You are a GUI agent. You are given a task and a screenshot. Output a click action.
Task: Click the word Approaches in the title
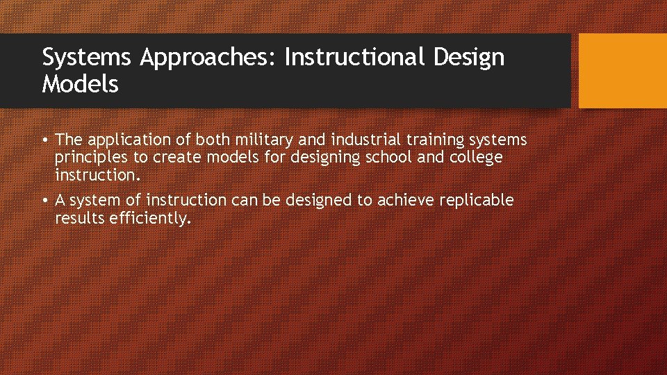coord(208,57)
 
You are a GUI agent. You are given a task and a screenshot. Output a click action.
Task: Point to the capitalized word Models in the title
coord(80,85)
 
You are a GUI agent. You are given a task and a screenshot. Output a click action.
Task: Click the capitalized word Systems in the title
coord(86,58)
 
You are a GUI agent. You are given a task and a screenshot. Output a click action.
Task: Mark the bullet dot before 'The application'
coord(45,141)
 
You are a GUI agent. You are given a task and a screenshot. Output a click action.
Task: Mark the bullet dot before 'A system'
coord(45,201)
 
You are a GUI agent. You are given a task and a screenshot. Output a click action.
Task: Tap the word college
coord(476,158)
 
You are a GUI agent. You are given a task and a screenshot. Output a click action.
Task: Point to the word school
coord(388,158)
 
